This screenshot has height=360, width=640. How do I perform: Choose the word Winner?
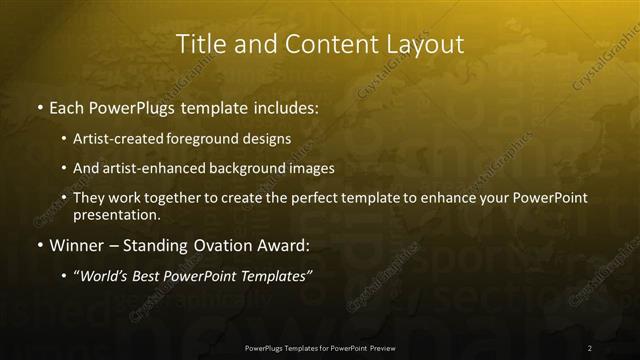click(75, 244)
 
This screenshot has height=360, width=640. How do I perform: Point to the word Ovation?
click(209, 244)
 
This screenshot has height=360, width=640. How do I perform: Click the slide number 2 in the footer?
click(590, 347)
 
